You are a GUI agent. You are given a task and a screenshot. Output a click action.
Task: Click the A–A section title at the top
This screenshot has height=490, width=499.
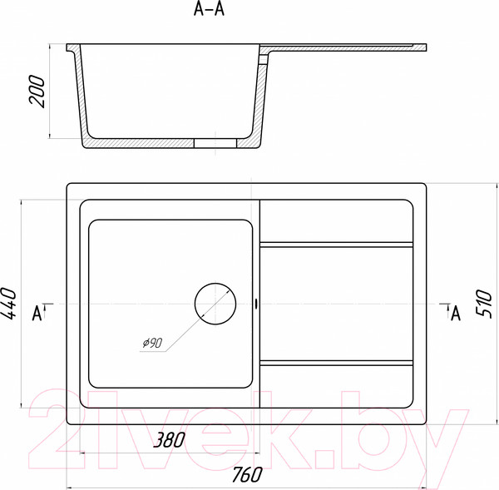(x=209, y=9)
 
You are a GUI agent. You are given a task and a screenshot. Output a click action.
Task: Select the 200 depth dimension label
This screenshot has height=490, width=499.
(x=37, y=91)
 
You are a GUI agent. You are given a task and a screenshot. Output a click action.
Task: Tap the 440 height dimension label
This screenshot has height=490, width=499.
(x=8, y=303)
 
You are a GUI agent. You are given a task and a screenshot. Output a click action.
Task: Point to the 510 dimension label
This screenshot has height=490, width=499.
(x=483, y=303)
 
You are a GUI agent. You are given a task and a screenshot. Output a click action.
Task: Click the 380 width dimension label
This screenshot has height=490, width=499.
(x=169, y=440)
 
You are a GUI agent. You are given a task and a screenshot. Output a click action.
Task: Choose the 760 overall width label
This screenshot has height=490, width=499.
(x=247, y=474)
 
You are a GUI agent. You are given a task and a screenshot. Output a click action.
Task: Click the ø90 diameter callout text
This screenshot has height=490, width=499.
(x=152, y=343)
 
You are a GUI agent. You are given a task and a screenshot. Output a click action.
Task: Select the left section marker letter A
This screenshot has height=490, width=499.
(x=37, y=314)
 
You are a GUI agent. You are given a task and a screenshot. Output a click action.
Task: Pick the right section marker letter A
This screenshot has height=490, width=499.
(x=456, y=314)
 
